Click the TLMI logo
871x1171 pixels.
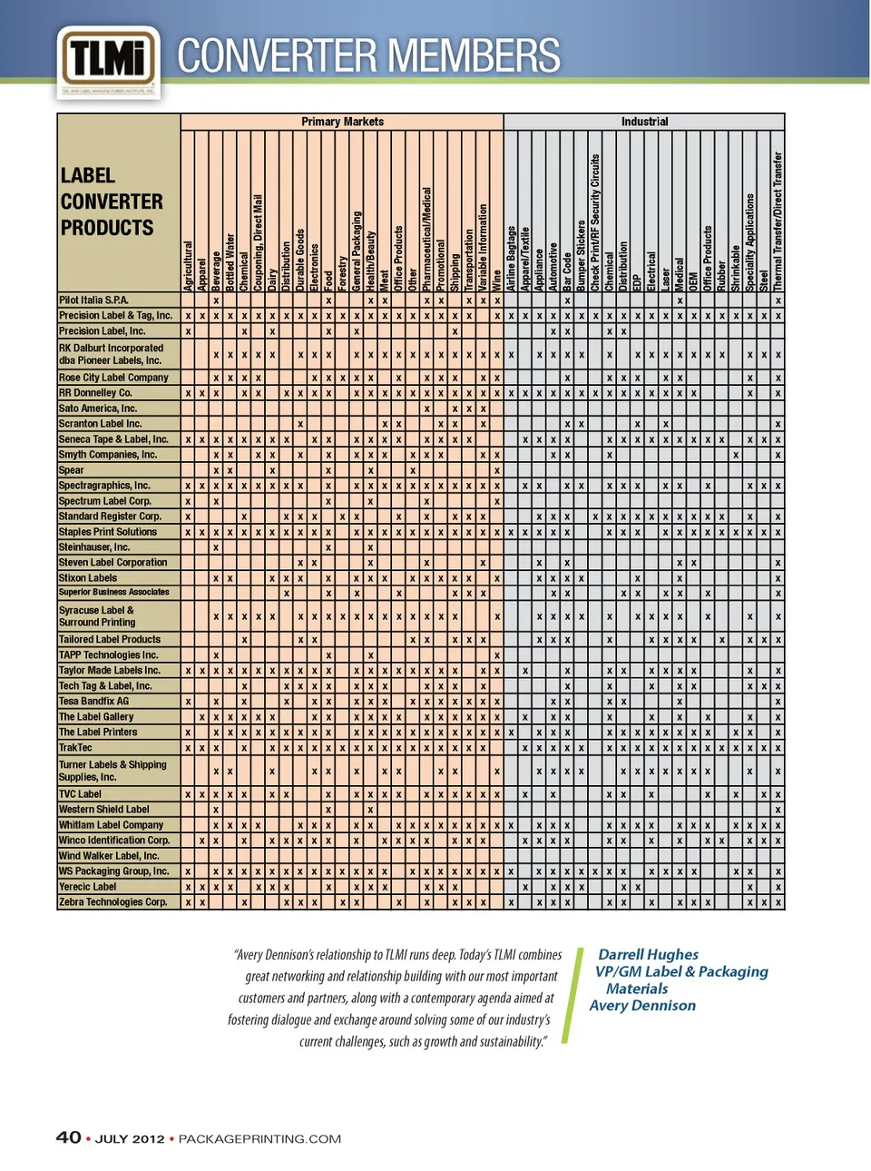[x=108, y=61]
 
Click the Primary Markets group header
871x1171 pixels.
[x=342, y=122]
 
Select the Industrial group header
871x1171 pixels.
[x=644, y=122]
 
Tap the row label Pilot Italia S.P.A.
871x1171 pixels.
[x=93, y=300]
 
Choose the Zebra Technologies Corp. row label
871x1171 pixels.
[x=113, y=902]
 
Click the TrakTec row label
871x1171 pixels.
[x=75, y=748]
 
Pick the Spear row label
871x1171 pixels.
[x=72, y=470]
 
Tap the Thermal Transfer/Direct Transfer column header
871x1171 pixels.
[x=778, y=221]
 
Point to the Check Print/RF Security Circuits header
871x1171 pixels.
[x=595, y=223]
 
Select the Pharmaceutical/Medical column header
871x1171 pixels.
[x=426, y=239]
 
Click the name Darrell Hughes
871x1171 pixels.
[x=648, y=954]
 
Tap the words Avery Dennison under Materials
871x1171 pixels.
[x=642, y=1006]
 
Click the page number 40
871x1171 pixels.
[x=68, y=1138]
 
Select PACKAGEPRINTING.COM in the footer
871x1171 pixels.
[x=259, y=1139]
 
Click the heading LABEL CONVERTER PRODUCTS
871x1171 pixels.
[x=107, y=202]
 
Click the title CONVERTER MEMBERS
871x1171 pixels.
[x=368, y=56]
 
